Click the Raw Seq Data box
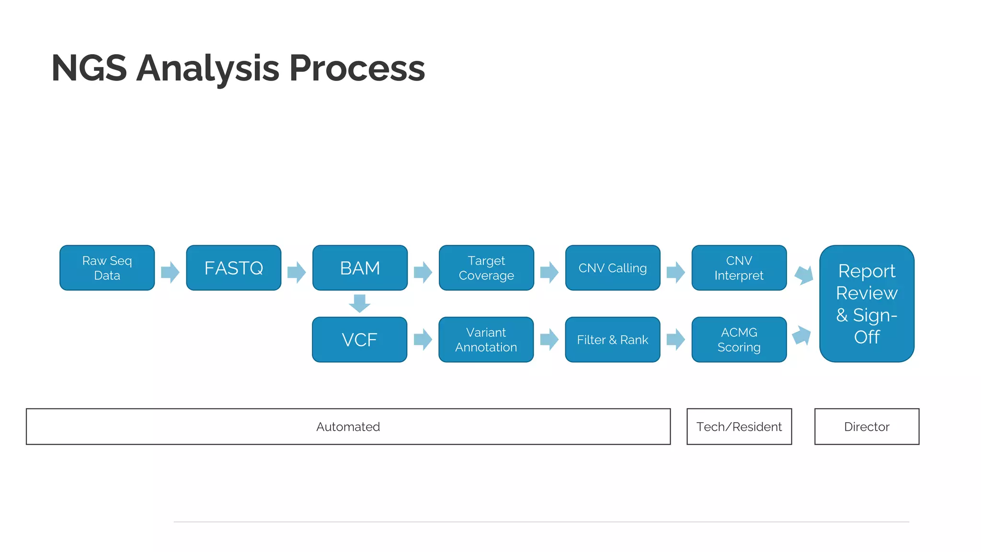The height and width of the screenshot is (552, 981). pyautogui.click(x=107, y=268)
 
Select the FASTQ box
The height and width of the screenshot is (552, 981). pyautogui.click(x=233, y=268)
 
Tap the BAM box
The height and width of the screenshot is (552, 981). pyautogui.click(x=360, y=268)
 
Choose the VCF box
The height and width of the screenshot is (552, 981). pyautogui.click(x=359, y=340)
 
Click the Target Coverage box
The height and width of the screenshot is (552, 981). pyautogui.click(x=486, y=268)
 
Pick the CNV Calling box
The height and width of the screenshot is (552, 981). pyautogui.click(x=613, y=268)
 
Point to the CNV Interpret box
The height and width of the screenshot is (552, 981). pyautogui.click(x=739, y=268)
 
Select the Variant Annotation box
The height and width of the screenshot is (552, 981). pyautogui.click(x=486, y=340)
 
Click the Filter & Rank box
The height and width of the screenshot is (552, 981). pyautogui.click(x=613, y=340)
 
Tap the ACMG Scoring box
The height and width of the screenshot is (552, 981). pyautogui.click(x=739, y=340)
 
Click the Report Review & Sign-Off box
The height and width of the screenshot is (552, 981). pyautogui.click(x=867, y=304)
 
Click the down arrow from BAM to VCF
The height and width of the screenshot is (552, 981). pyautogui.click(x=360, y=303)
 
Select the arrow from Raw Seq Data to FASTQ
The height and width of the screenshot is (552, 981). pyautogui.click(x=170, y=272)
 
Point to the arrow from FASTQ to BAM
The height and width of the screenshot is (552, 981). pyautogui.click(x=297, y=272)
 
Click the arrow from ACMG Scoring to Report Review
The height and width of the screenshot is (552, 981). pyautogui.click(x=801, y=335)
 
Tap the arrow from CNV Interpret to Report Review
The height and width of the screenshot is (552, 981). pyautogui.click(x=804, y=275)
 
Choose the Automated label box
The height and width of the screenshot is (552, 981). pyautogui.click(x=348, y=426)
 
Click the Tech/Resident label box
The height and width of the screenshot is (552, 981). pyautogui.click(x=739, y=426)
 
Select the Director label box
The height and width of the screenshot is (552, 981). pyautogui.click(x=867, y=426)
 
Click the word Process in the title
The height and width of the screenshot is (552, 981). pyautogui.click(x=357, y=69)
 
